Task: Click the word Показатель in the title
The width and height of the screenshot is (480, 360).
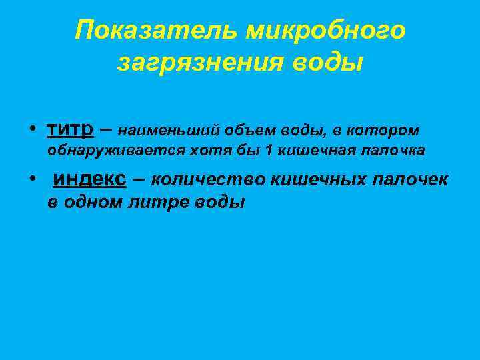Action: [x=156, y=31]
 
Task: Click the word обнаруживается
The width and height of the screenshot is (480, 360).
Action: [x=106, y=151]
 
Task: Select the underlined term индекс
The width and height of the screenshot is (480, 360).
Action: [x=89, y=180]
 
